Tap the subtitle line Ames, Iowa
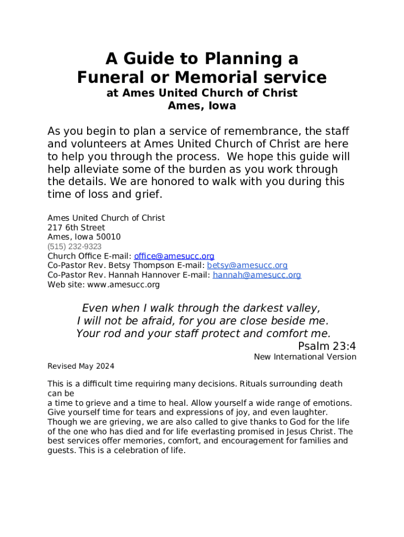(202, 105)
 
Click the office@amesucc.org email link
(174, 256)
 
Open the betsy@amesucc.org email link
(247, 265)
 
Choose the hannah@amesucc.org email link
(257, 275)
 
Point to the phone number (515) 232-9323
(75, 246)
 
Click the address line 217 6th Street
(76, 228)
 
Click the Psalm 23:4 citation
(327, 346)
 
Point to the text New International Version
(305, 357)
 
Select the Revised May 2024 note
(81, 366)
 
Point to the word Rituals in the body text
(254, 384)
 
